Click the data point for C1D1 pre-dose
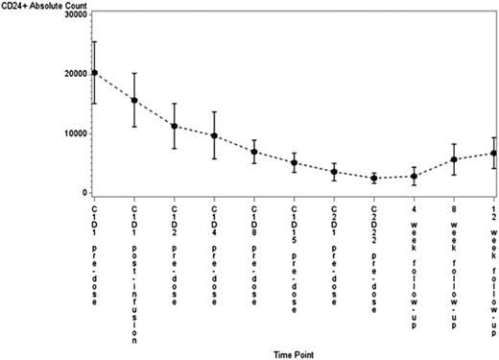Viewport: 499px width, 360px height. pyautogui.click(x=94, y=73)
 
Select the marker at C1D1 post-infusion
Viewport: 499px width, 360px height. pyautogui.click(x=134, y=100)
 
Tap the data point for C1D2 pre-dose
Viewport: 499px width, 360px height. pyautogui.click(x=174, y=126)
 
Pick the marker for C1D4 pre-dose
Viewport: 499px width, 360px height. pyautogui.click(x=214, y=136)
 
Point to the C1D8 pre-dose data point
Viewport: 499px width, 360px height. pyautogui.click(x=254, y=152)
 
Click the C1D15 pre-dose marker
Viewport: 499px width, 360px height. pyautogui.click(x=295, y=162)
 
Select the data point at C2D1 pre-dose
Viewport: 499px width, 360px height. pyautogui.click(x=334, y=172)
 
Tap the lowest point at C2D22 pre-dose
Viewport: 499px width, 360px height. pyautogui.click(x=374, y=179)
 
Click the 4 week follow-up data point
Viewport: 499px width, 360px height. pyautogui.click(x=414, y=176)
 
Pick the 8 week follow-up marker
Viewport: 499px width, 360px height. pyautogui.click(x=454, y=159)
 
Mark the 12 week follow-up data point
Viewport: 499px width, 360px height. pyautogui.click(x=493, y=153)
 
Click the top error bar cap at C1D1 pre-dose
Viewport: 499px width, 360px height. pyautogui.click(x=94, y=41)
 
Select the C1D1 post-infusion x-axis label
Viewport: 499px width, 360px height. pyautogui.click(x=134, y=274)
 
